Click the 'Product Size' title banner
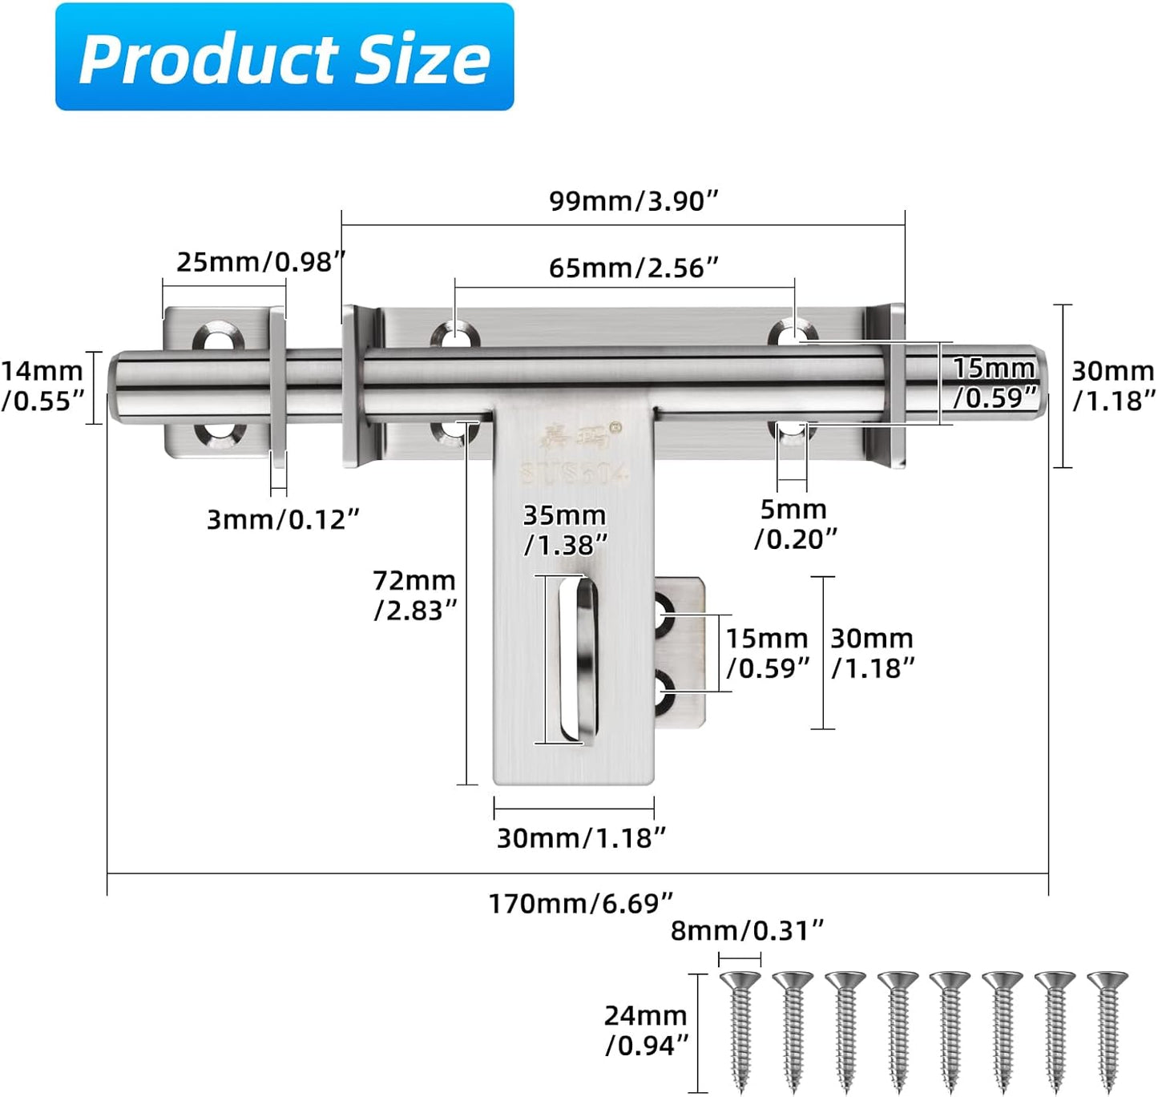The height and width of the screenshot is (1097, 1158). point(284,58)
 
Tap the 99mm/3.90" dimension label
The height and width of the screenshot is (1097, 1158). point(633,201)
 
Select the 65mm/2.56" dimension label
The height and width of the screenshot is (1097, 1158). point(633,268)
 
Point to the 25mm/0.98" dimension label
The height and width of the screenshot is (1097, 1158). point(260,262)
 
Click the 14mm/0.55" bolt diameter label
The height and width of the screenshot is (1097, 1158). point(42,385)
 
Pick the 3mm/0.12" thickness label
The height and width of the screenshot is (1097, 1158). point(283,519)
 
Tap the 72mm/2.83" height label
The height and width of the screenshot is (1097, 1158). point(414,595)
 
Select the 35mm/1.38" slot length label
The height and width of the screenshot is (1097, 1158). point(565,530)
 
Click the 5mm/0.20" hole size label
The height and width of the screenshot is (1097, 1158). point(794,524)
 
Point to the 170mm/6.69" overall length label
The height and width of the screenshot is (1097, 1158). point(581,903)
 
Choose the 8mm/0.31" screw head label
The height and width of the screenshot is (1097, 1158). point(747,930)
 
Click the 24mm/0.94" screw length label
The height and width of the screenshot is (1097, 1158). point(646,1030)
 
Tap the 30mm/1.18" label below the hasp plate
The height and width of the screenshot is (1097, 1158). point(581,838)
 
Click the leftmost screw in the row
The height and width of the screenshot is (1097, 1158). point(740,1030)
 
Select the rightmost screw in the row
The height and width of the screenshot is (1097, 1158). point(1108,1030)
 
